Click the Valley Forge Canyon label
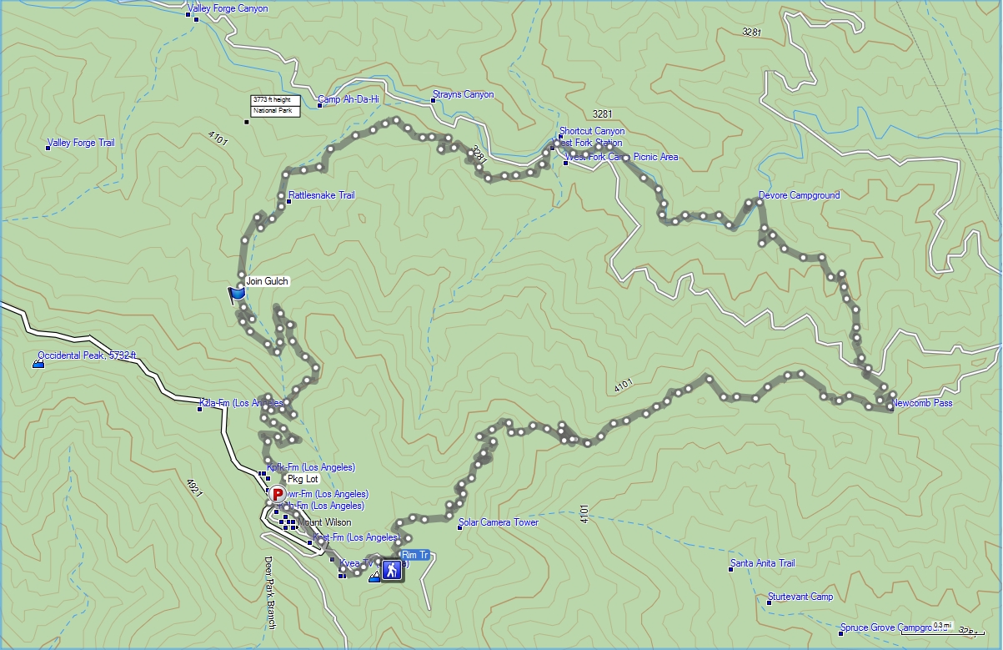coord(228,9)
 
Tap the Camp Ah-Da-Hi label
coord(348,100)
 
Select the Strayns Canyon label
coord(463,95)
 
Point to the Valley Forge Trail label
coord(81,144)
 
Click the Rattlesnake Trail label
coord(321,196)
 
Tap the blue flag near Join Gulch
coord(237,295)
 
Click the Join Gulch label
coord(267,282)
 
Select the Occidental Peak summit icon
coord(38,363)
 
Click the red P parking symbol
coord(278,495)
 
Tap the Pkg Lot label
coord(302,480)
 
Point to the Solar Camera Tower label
coord(498,523)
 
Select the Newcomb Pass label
coord(921,404)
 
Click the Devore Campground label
coord(799,196)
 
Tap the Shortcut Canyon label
coord(591,132)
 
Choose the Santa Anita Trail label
coord(762,564)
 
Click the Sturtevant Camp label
coord(800,597)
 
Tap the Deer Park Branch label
coord(269,592)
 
